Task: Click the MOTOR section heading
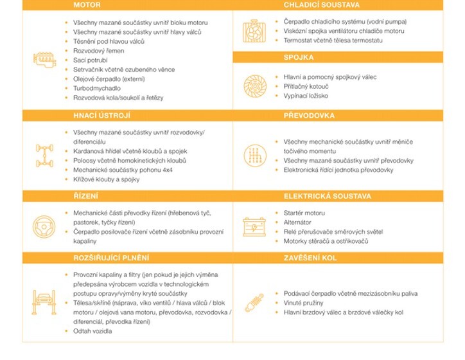pos(87,4)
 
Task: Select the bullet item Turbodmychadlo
pos(96,87)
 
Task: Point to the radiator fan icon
pos(252,30)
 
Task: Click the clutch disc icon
pos(252,86)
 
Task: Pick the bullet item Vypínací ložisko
pos(306,95)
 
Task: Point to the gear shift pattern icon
pos(252,155)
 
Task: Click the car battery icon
pos(252,226)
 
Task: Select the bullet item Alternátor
pos(299,222)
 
